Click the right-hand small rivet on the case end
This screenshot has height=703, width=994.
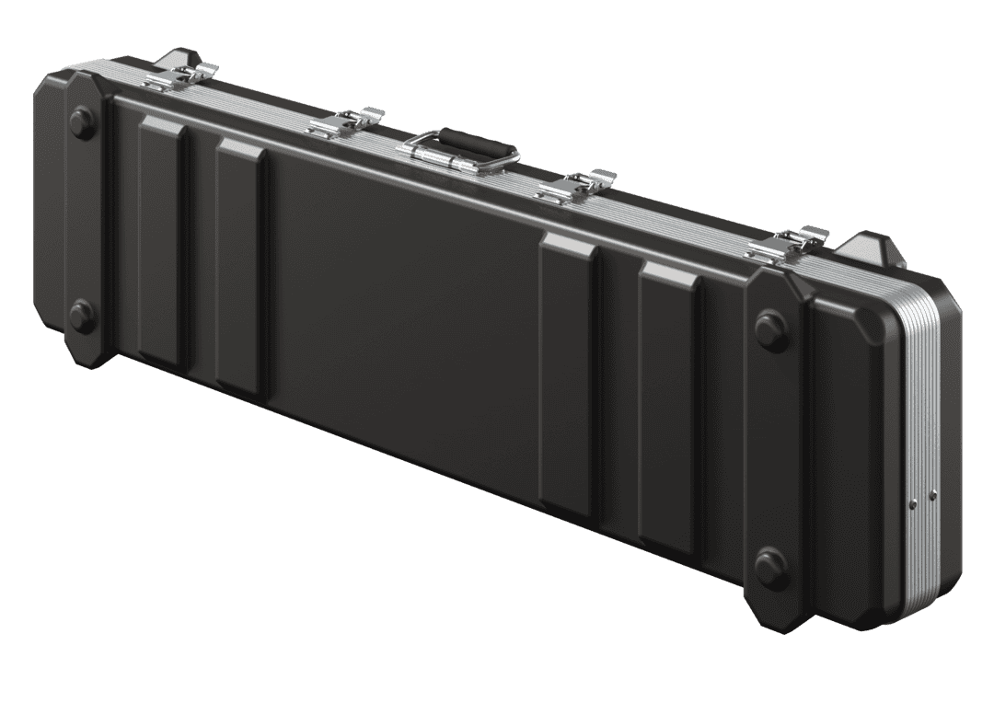click(932, 494)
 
